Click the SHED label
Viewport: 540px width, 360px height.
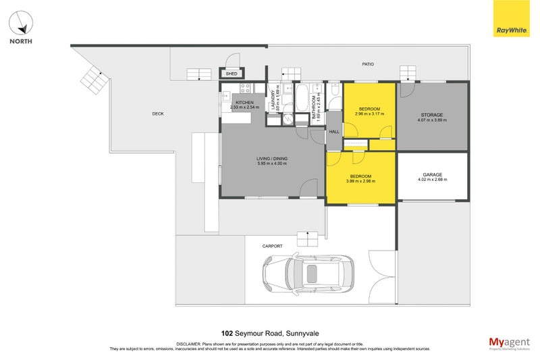pos(232,74)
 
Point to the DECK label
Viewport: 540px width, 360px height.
pos(158,113)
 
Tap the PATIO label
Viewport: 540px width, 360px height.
pos(368,64)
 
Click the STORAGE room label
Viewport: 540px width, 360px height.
pos(432,115)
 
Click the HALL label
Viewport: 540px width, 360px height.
pos(334,132)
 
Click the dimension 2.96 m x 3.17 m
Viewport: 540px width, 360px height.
pos(369,114)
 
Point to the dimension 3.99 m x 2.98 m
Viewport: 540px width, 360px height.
pos(360,181)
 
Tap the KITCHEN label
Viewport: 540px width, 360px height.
pos(244,102)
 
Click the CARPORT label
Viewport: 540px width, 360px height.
pos(273,247)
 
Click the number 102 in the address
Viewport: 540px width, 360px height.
pos(228,332)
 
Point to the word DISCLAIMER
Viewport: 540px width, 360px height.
pos(191,344)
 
